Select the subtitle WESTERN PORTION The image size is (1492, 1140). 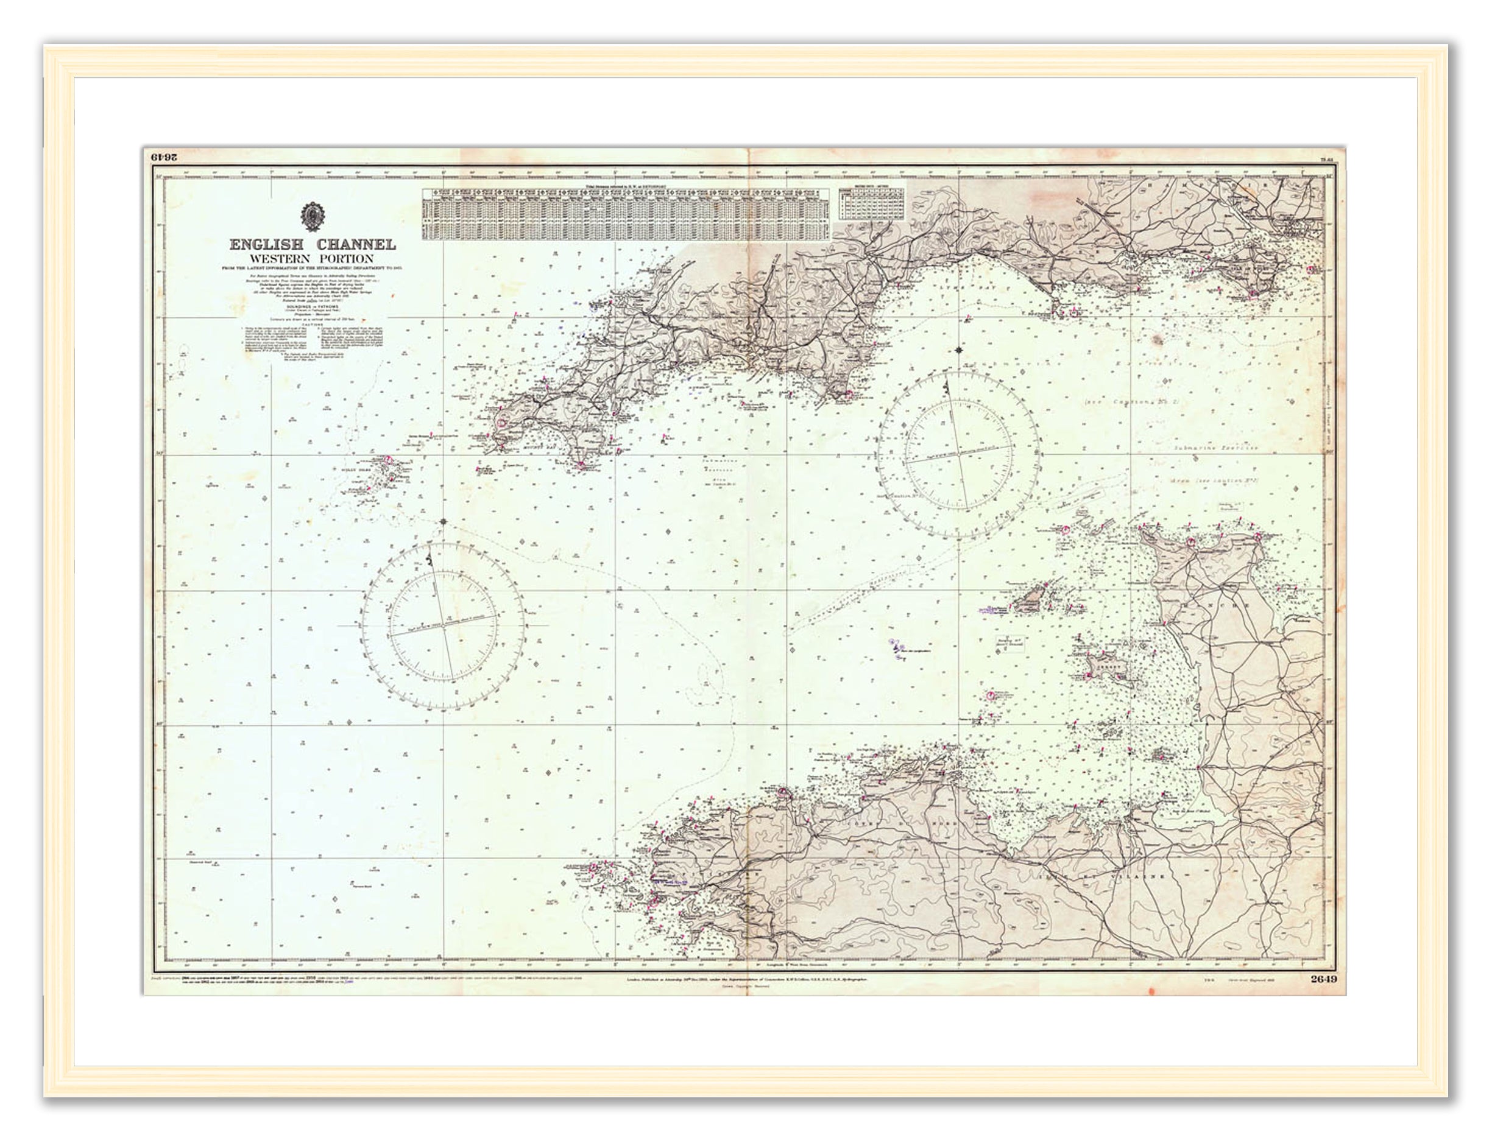pyautogui.click(x=311, y=259)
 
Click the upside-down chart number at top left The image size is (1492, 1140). pyautogui.click(x=164, y=158)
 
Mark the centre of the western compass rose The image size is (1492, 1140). pyautogui.click(x=442, y=625)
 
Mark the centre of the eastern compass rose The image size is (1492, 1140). pyautogui.click(x=958, y=453)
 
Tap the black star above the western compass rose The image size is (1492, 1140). pyautogui.click(x=444, y=521)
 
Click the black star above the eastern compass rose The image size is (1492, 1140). pyautogui.click(x=958, y=350)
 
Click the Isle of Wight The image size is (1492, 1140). pyautogui.click(x=1259, y=278)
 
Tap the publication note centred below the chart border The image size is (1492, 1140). pyautogui.click(x=745, y=980)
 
